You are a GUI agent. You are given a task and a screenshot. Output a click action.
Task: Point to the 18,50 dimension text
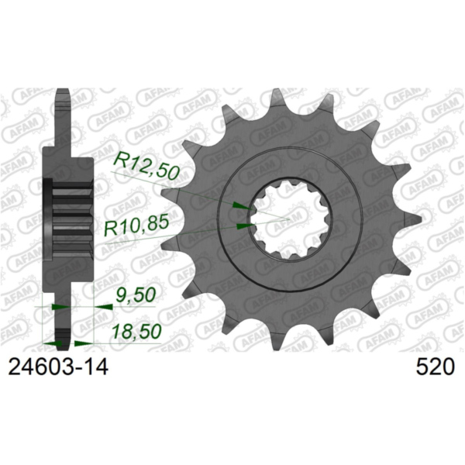[136, 331]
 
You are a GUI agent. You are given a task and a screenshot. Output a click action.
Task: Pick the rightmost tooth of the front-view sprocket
[402, 221]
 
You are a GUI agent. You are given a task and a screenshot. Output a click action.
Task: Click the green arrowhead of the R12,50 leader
[241, 205]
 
